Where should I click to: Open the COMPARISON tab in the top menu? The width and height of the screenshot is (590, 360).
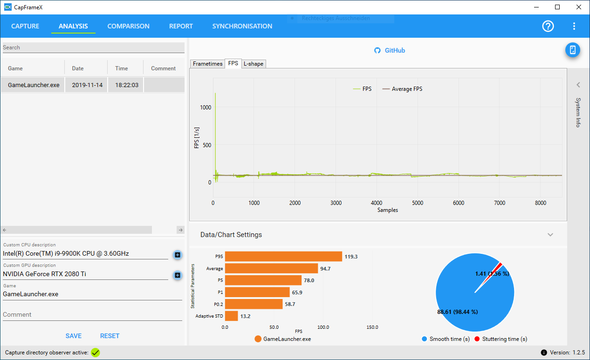pyautogui.click(x=128, y=26)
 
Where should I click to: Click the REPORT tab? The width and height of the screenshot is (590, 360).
pyautogui.click(x=181, y=26)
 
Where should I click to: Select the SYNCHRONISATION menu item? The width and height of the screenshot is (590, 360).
pyautogui.click(x=242, y=26)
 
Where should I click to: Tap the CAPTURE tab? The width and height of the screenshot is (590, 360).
pyautogui.click(x=25, y=26)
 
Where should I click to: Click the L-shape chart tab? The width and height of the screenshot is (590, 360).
pyautogui.click(x=253, y=64)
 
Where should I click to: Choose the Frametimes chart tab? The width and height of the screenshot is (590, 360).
pyautogui.click(x=207, y=64)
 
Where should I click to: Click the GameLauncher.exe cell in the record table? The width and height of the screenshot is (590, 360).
pyautogui.click(x=34, y=85)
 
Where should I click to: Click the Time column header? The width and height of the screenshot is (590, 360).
pyautogui.click(x=121, y=68)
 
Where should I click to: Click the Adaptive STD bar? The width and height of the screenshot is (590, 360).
pyautogui.click(x=232, y=316)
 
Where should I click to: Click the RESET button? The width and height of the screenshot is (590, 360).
pyautogui.click(x=110, y=336)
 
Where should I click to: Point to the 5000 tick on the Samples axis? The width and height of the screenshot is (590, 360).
pyautogui.click(x=418, y=203)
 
